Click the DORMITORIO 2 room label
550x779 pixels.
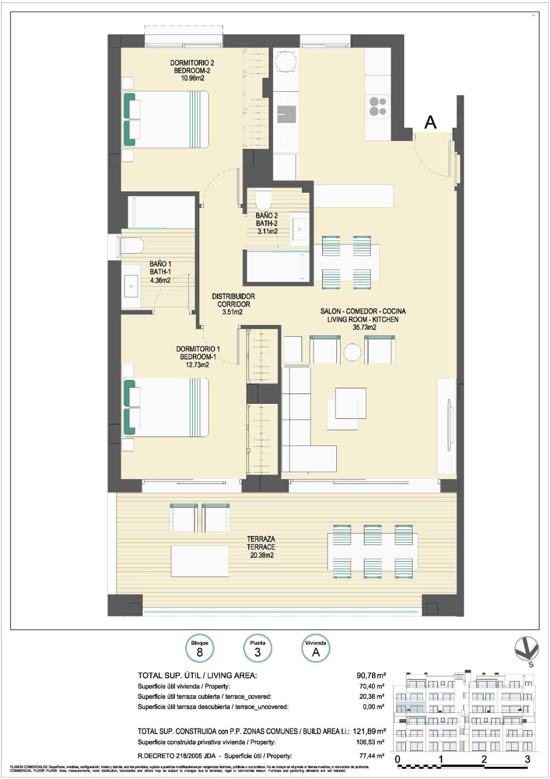tap(192, 63)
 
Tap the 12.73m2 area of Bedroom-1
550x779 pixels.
tap(194, 365)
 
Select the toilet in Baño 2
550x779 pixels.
tap(263, 200)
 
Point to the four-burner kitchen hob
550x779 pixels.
tap(378, 106)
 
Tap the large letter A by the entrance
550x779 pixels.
tap(430, 122)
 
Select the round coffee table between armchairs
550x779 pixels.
tap(352, 352)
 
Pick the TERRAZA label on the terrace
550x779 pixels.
tap(261, 539)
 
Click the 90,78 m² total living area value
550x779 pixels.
tap(371, 675)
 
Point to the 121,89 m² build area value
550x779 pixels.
tap(369, 731)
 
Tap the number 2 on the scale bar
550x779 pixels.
tap(484, 759)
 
